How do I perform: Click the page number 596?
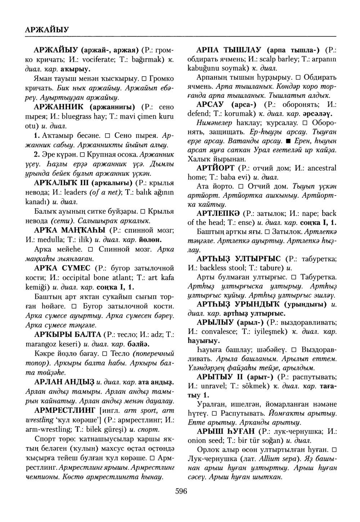181,491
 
